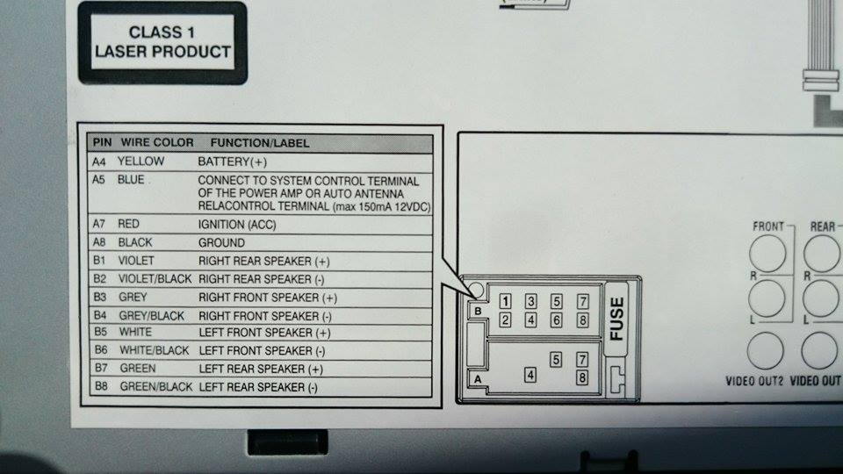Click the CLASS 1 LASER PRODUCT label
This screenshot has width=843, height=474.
click(x=163, y=42)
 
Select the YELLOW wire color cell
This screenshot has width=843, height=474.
click(x=140, y=162)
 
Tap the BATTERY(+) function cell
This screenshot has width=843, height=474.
click(x=232, y=162)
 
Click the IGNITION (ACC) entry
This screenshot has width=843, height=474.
click(x=237, y=224)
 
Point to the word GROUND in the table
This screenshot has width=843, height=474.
click(x=221, y=242)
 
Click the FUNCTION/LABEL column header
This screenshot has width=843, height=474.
click(x=260, y=142)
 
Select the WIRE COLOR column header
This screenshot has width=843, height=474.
click(x=155, y=142)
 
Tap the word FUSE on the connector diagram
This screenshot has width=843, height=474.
click(x=616, y=320)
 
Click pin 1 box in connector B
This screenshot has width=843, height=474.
click(x=505, y=301)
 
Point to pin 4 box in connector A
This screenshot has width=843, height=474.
click(x=530, y=375)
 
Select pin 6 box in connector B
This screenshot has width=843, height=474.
click(x=556, y=320)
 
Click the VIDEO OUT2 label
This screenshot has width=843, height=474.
click(x=754, y=382)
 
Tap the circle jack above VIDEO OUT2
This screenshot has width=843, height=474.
click(x=765, y=351)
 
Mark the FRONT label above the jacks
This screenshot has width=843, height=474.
click(x=768, y=226)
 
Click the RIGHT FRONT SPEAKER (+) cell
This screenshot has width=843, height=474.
click(x=268, y=298)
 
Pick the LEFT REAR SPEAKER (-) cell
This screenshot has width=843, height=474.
click(x=258, y=387)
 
